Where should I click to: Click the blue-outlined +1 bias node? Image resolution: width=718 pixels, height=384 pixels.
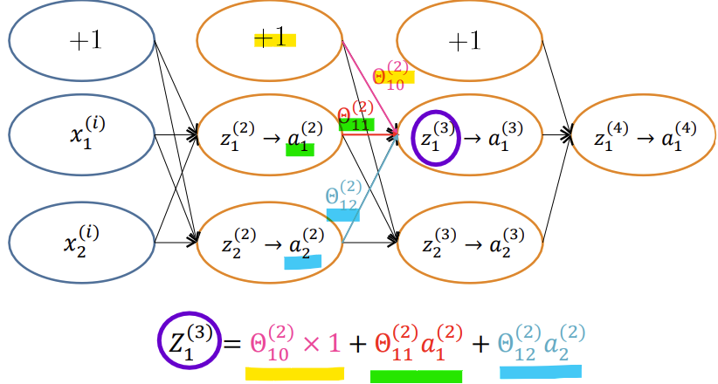(81, 41)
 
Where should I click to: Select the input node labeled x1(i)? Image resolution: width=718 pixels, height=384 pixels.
(81, 134)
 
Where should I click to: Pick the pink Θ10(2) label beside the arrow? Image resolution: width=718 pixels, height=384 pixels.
(390, 76)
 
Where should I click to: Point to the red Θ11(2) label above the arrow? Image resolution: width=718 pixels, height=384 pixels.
(356, 116)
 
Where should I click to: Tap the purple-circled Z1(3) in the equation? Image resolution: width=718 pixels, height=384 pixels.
(188, 341)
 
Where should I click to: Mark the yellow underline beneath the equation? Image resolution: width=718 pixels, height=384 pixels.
(294, 374)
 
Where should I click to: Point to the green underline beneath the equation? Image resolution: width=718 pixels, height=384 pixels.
(416, 376)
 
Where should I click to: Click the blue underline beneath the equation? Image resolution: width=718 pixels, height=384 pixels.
(539, 373)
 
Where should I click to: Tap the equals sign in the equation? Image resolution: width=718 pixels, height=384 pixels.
(231, 344)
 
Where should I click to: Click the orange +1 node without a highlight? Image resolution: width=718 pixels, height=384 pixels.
(469, 41)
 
